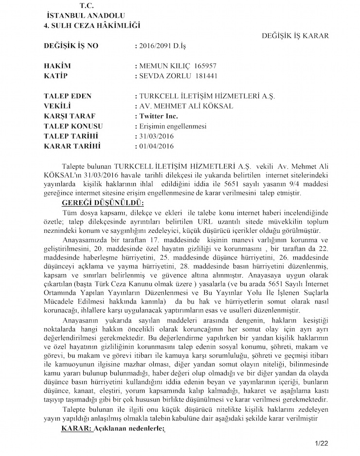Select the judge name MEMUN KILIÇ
point(164,66)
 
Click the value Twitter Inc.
point(159,117)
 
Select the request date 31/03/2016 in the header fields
point(156,137)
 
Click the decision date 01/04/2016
point(156,146)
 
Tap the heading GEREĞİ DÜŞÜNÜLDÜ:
point(103,203)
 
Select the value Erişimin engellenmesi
point(166,126)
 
